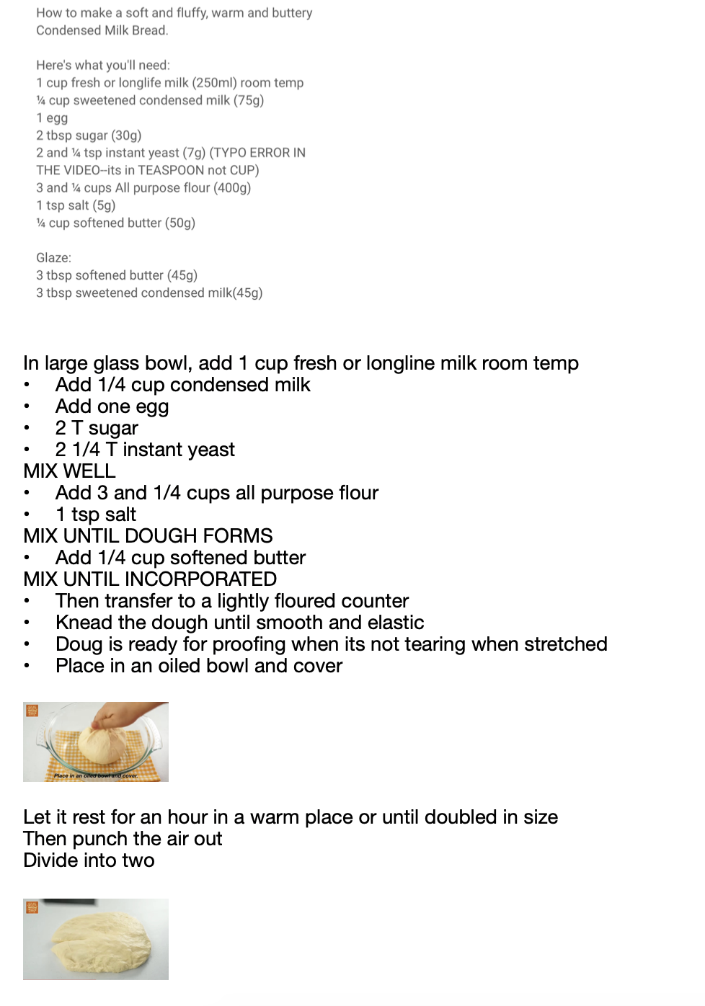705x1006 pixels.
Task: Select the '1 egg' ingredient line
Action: [x=52, y=118]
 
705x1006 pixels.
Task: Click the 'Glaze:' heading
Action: [x=54, y=258]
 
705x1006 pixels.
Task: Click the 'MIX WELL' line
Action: [x=69, y=471]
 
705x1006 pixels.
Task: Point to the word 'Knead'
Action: [x=84, y=623]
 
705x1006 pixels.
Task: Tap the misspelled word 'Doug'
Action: [x=79, y=644]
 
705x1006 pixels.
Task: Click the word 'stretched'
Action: [x=566, y=644]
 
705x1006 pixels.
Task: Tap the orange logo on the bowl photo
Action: [x=32, y=711]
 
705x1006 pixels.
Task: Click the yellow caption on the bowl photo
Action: [x=95, y=776]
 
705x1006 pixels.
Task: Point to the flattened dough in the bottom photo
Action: [x=101, y=941]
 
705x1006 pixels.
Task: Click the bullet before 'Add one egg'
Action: [x=27, y=406]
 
